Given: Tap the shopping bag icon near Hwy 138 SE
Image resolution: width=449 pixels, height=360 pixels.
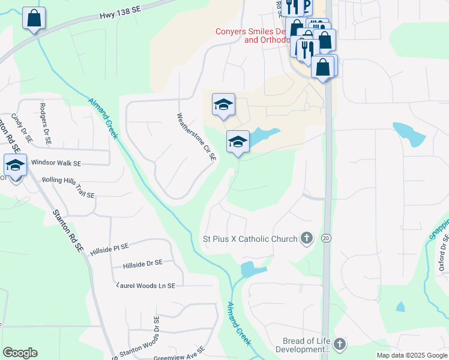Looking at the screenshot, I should coord(34,18).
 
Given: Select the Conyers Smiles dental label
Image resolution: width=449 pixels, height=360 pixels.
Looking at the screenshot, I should coord(252,35).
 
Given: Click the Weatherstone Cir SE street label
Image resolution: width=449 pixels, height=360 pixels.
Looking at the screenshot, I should coord(196,137).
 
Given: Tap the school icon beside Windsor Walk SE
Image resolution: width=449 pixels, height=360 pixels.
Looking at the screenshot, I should coord(15,165).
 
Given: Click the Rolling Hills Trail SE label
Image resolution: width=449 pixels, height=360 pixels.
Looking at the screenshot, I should coord(68,187).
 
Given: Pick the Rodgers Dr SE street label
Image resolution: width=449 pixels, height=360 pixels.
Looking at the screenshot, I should coord(44,124).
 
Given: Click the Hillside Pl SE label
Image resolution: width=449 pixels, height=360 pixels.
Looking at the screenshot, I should coord(109,247).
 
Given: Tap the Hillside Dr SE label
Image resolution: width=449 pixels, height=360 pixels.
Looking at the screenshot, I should coord(143,263).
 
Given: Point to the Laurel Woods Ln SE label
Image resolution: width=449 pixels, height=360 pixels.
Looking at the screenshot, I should coord(146,286).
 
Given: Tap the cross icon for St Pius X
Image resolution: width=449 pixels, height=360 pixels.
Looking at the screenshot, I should coord(307,238).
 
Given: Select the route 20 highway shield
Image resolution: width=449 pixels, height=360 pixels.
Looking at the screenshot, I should coord(327,238).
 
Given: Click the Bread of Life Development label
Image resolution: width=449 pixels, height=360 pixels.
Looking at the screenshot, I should coord(306,345).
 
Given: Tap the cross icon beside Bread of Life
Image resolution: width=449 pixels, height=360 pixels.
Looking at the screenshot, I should coord(340,344).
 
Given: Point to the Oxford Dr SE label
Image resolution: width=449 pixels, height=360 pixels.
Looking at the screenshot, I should coord(443,253).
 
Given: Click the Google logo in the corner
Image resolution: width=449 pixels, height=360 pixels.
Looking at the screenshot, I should coord(20,353).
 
